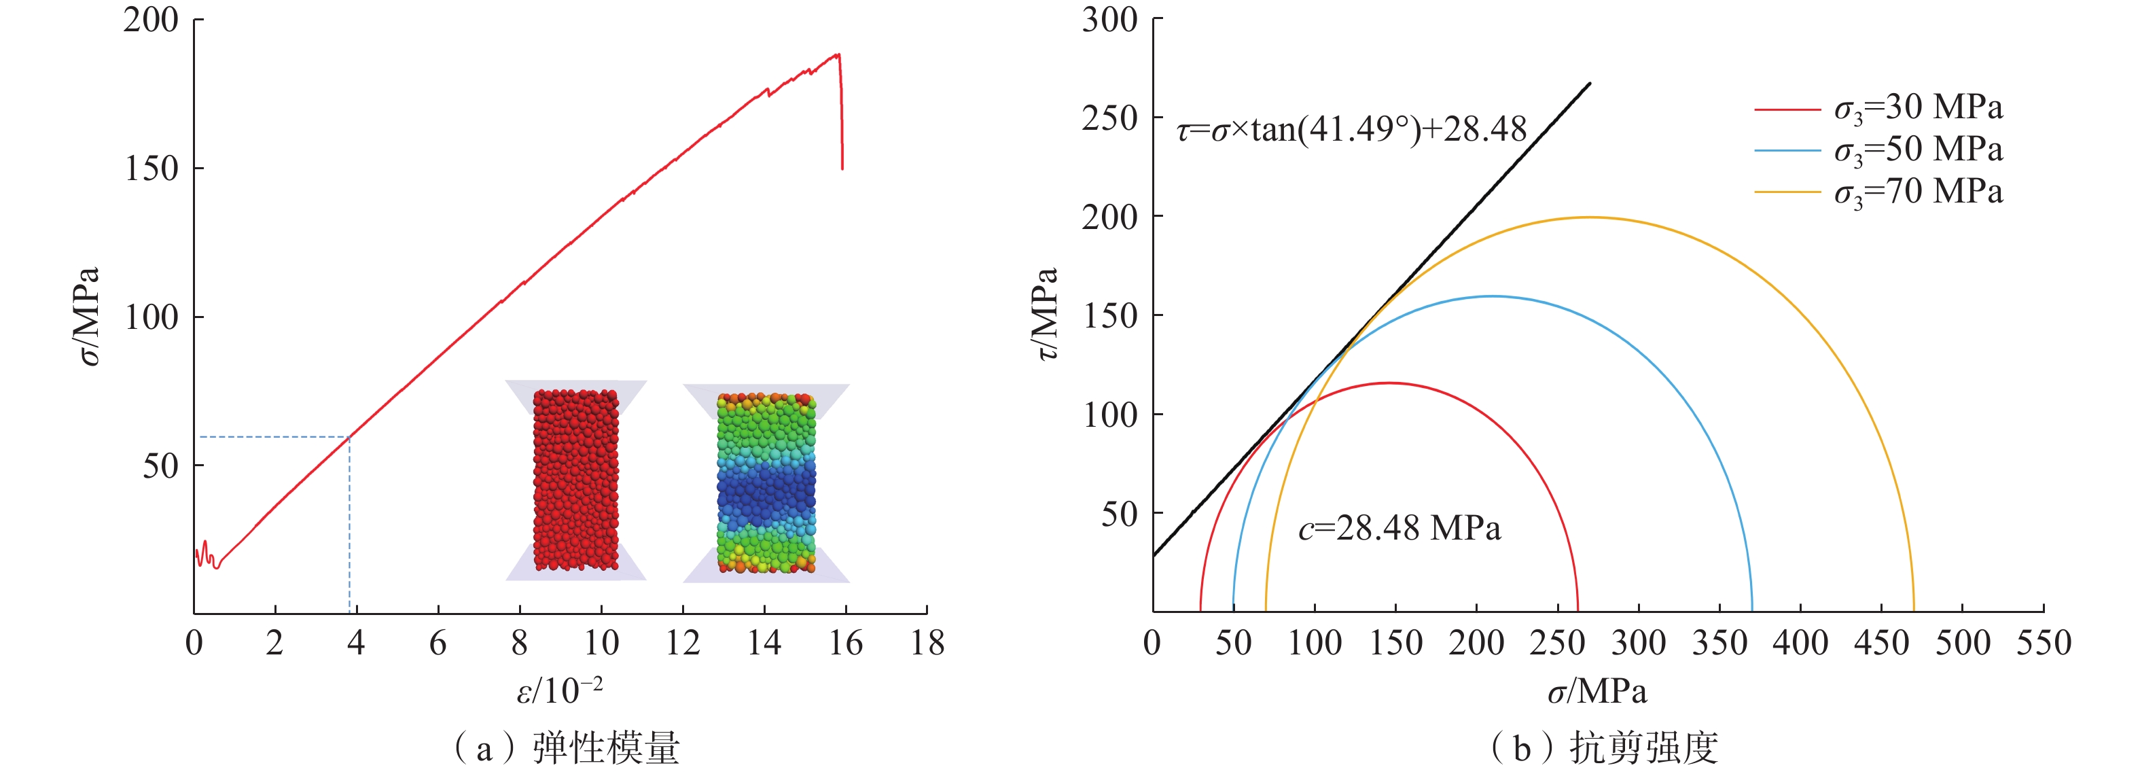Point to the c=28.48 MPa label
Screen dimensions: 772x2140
pyautogui.click(x=1399, y=529)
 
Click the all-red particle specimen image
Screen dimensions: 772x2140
pyautogui.click(x=575, y=480)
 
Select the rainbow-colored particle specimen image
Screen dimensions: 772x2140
pyautogui.click(x=766, y=482)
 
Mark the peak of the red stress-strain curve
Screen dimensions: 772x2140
pyautogui.click(x=838, y=55)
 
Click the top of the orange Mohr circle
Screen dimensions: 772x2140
pyautogui.click(x=1589, y=217)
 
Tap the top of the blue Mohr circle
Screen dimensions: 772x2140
pyautogui.click(x=1492, y=297)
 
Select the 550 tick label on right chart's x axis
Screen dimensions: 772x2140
pyautogui.click(x=2044, y=643)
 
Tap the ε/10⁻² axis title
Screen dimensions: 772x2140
pyautogui.click(x=559, y=690)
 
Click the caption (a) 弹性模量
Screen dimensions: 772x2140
pyautogui.click(x=567, y=748)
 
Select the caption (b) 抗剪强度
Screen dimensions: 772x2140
pyautogui.click(x=1603, y=748)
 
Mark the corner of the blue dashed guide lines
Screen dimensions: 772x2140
pyautogui.click(x=350, y=437)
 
